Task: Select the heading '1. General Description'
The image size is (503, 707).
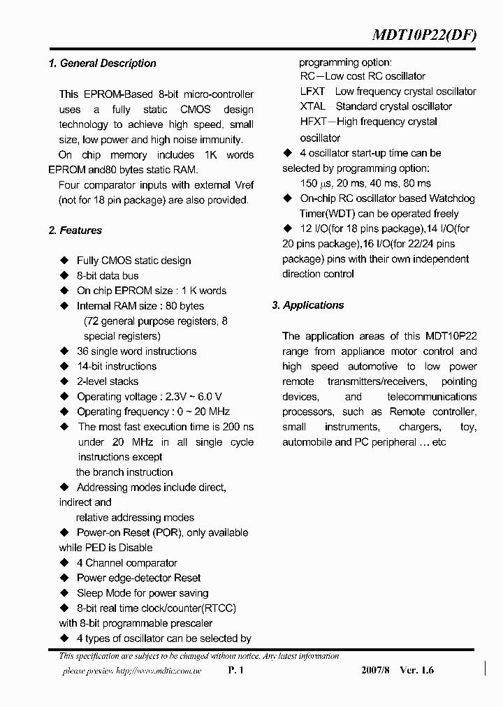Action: click(103, 64)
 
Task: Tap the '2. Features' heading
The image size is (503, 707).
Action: click(75, 231)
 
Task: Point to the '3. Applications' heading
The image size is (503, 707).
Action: click(308, 305)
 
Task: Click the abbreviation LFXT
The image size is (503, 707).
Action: click(312, 92)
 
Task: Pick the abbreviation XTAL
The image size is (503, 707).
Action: click(312, 106)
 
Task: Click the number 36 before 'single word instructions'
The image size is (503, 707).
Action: click(82, 351)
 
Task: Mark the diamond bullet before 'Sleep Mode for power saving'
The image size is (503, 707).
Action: click(64, 593)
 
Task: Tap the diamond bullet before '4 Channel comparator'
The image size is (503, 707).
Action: click(64, 563)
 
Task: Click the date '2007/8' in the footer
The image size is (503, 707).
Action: click(377, 670)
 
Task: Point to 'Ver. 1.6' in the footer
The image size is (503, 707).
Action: click(416, 670)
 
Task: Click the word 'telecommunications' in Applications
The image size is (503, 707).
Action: click(432, 397)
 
